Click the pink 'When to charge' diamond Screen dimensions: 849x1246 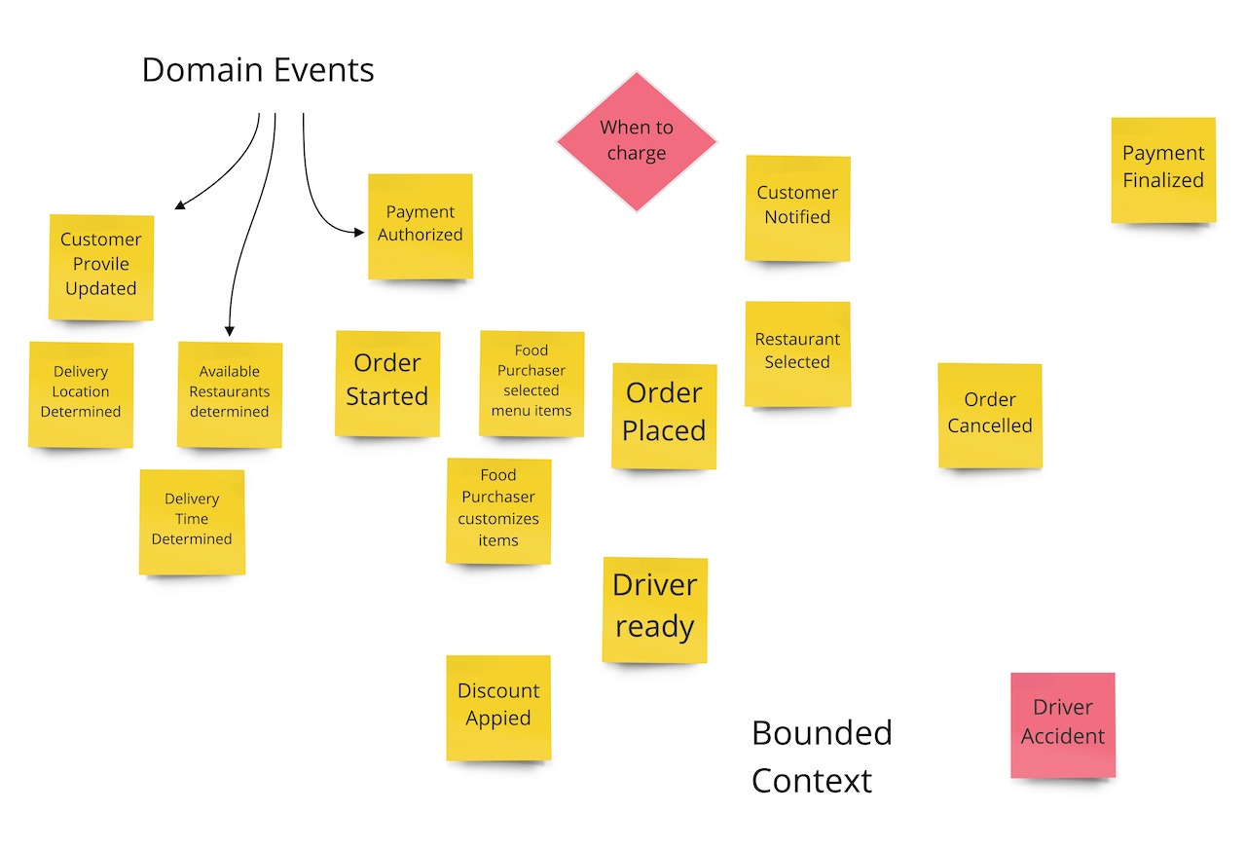[x=637, y=141]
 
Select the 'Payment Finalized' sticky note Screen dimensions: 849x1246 [x=1163, y=169]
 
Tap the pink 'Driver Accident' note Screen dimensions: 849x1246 [x=1062, y=724]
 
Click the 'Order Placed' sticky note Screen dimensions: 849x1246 [x=664, y=415]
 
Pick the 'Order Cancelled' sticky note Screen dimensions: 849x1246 [x=990, y=415]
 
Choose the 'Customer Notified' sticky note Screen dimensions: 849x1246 [x=797, y=207]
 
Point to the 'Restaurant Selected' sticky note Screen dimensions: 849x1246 [x=797, y=352]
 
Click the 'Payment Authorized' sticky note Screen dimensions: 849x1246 [x=421, y=226]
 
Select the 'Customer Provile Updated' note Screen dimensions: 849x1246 [x=101, y=266]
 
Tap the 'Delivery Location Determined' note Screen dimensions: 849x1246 [x=81, y=393]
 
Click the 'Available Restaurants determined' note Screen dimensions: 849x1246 [x=230, y=393]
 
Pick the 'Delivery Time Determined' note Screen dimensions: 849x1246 [x=192, y=521]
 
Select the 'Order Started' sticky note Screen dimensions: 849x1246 [x=387, y=382]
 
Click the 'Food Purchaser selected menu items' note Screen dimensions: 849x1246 [x=531, y=383]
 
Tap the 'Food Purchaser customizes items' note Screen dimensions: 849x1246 [x=498, y=510]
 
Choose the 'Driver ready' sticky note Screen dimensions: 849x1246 [x=654, y=609]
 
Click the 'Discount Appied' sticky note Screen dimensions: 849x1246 [x=498, y=707]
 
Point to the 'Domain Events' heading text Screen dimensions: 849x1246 [x=258, y=70]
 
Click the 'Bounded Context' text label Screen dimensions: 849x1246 [x=821, y=757]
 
